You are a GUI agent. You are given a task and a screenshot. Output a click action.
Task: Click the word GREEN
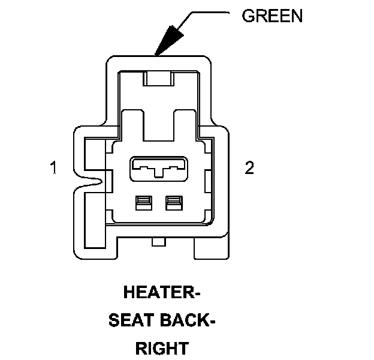(x=272, y=16)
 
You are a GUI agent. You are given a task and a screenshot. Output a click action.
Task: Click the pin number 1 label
(x=54, y=168)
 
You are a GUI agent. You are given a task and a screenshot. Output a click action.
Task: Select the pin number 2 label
(x=249, y=168)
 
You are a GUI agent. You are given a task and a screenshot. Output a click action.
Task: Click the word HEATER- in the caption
(x=161, y=293)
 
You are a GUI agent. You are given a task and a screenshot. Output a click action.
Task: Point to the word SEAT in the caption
(x=129, y=321)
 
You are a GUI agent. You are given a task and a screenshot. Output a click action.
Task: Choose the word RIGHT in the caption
(x=162, y=348)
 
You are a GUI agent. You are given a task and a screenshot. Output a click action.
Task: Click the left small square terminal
(x=143, y=203)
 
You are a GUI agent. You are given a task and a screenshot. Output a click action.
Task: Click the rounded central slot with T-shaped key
(x=158, y=169)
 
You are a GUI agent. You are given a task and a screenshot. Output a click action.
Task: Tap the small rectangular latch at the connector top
(x=159, y=79)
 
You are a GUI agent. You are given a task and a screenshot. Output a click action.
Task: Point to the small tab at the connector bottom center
(x=159, y=242)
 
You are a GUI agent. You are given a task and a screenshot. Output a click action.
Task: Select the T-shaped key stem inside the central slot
(x=158, y=173)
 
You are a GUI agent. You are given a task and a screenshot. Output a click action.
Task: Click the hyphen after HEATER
(x=195, y=295)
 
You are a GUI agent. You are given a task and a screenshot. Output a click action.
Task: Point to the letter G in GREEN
(x=248, y=16)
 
